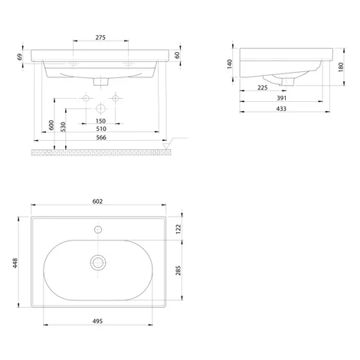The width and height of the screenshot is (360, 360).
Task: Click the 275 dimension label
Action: tap(100, 38)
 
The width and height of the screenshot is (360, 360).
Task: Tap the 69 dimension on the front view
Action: tap(20, 57)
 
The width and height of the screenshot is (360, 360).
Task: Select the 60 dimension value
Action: tap(177, 55)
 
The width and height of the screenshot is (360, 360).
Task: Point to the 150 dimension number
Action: tap(100, 121)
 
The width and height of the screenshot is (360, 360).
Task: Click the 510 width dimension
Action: tap(101, 129)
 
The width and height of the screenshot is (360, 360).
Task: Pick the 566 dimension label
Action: tap(101, 137)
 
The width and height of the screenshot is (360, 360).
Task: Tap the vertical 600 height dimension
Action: tap(51, 125)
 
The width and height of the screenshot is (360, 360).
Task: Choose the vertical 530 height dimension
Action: tap(63, 126)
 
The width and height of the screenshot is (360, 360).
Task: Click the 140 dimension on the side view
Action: tap(230, 64)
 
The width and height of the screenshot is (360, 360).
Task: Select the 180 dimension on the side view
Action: tap(341, 67)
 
